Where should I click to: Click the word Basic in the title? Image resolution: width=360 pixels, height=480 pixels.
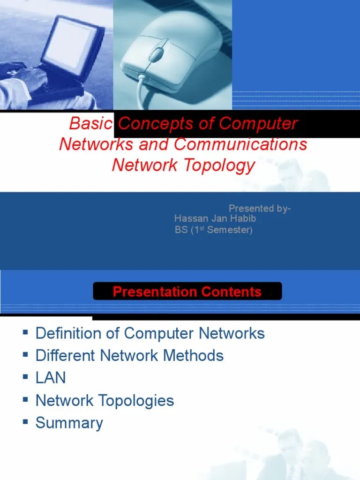pos(90,124)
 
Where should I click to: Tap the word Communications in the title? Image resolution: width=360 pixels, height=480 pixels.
pos(241,144)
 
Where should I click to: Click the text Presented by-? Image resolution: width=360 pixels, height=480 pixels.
pos(259,209)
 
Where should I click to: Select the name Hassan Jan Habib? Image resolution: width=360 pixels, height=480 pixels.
pos(215,219)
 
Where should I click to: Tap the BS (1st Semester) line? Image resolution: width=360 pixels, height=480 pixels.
pos(213,230)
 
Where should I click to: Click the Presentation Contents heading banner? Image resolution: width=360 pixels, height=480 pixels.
pos(187,292)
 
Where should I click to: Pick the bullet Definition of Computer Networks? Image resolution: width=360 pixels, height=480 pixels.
pos(150,333)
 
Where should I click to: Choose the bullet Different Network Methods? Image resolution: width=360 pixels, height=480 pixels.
pos(129,355)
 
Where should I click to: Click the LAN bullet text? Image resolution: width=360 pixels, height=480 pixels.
pos(51,378)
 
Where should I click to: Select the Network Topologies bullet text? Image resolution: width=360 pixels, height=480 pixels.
pos(105,400)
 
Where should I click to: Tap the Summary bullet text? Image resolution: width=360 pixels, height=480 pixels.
pos(69,423)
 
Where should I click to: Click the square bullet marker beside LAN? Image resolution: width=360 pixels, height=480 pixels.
pos(25,377)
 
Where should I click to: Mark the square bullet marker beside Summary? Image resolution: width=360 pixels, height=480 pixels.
pos(25,422)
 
